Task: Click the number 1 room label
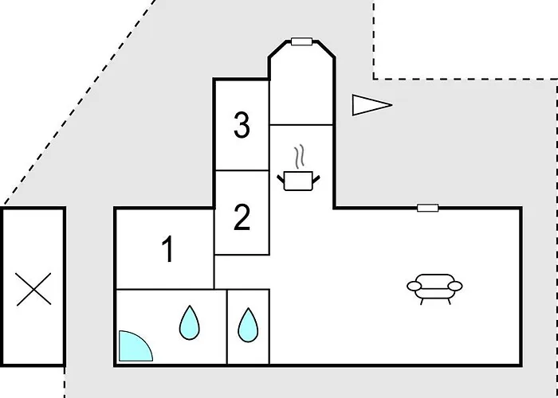point(167,249)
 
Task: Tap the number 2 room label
point(242,217)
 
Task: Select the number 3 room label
point(242,125)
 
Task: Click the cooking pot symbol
point(298,181)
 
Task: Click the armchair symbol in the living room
point(434,289)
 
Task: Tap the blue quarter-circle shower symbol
point(136,345)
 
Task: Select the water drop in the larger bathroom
point(190,322)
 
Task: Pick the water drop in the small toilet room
point(248,325)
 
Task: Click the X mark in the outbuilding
point(33,289)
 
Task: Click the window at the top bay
point(302,41)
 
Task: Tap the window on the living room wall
point(427,208)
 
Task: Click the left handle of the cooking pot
point(281,179)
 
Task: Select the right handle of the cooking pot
point(316,179)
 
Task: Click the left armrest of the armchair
point(415,286)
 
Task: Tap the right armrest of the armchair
point(455,286)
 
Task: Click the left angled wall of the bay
point(278,49)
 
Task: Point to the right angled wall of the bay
point(325,49)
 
